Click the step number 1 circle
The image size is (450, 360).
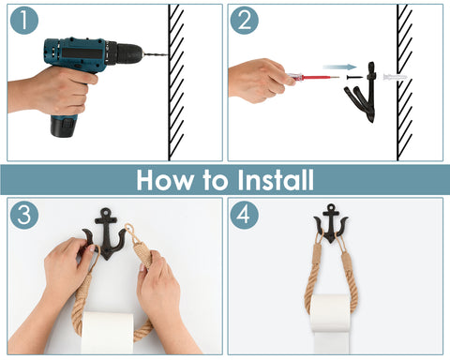click(x=24, y=21)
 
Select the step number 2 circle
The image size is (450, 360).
click(x=245, y=21)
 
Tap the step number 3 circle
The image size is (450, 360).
click(x=24, y=215)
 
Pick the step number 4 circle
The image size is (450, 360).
click(x=245, y=215)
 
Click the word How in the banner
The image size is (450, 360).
click(x=165, y=180)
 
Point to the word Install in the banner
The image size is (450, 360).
click(x=275, y=180)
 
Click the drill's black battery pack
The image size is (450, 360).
click(x=64, y=126)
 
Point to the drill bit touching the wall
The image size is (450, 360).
click(x=156, y=54)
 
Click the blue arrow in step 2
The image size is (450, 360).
click(x=339, y=67)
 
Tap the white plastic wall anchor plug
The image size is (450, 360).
click(x=395, y=77)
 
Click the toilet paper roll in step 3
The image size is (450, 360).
click(x=108, y=333)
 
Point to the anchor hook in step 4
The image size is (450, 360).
click(x=331, y=224)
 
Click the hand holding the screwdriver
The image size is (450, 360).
click(x=259, y=81)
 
